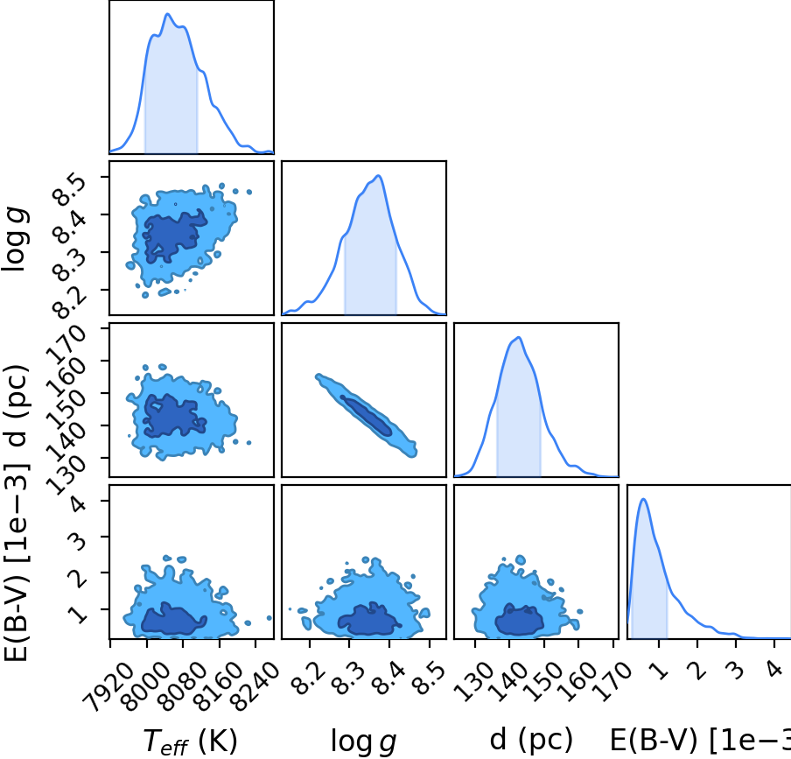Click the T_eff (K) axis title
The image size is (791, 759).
pos(190,741)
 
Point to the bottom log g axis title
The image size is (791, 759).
pos(363,741)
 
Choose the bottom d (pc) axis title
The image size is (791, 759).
pos(531,740)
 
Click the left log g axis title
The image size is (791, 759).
pos(15,240)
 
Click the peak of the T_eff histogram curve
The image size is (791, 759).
pos(168,14)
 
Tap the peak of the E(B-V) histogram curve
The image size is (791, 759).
pos(643,499)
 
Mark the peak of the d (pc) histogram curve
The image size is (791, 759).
pos(519,337)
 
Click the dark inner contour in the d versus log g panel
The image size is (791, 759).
pos(365,415)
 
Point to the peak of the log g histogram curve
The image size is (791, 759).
pos(378,176)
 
